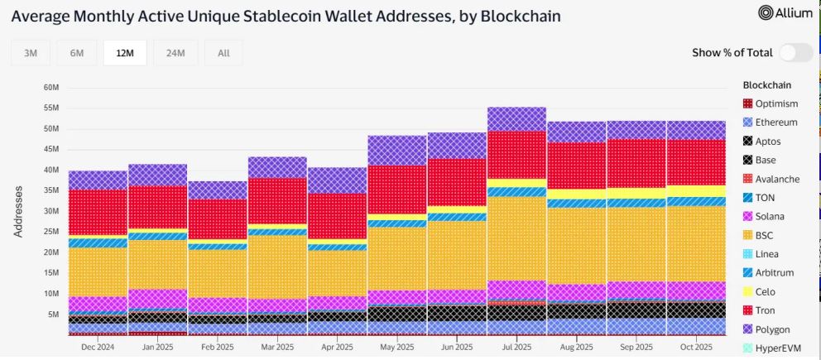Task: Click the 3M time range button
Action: pyautogui.click(x=31, y=53)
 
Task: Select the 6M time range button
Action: pyautogui.click(x=77, y=53)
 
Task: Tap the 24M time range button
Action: pyautogui.click(x=175, y=53)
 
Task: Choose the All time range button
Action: pyautogui.click(x=223, y=53)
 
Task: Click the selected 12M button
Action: pyautogui.click(x=125, y=53)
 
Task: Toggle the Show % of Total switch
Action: pyautogui.click(x=795, y=52)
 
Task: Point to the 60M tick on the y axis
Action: pyautogui.click(x=50, y=88)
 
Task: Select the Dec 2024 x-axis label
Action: pyautogui.click(x=97, y=346)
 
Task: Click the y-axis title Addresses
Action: pyautogui.click(x=17, y=211)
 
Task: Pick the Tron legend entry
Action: pyautogui.click(x=765, y=310)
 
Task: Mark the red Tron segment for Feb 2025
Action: pyautogui.click(x=217, y=218)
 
